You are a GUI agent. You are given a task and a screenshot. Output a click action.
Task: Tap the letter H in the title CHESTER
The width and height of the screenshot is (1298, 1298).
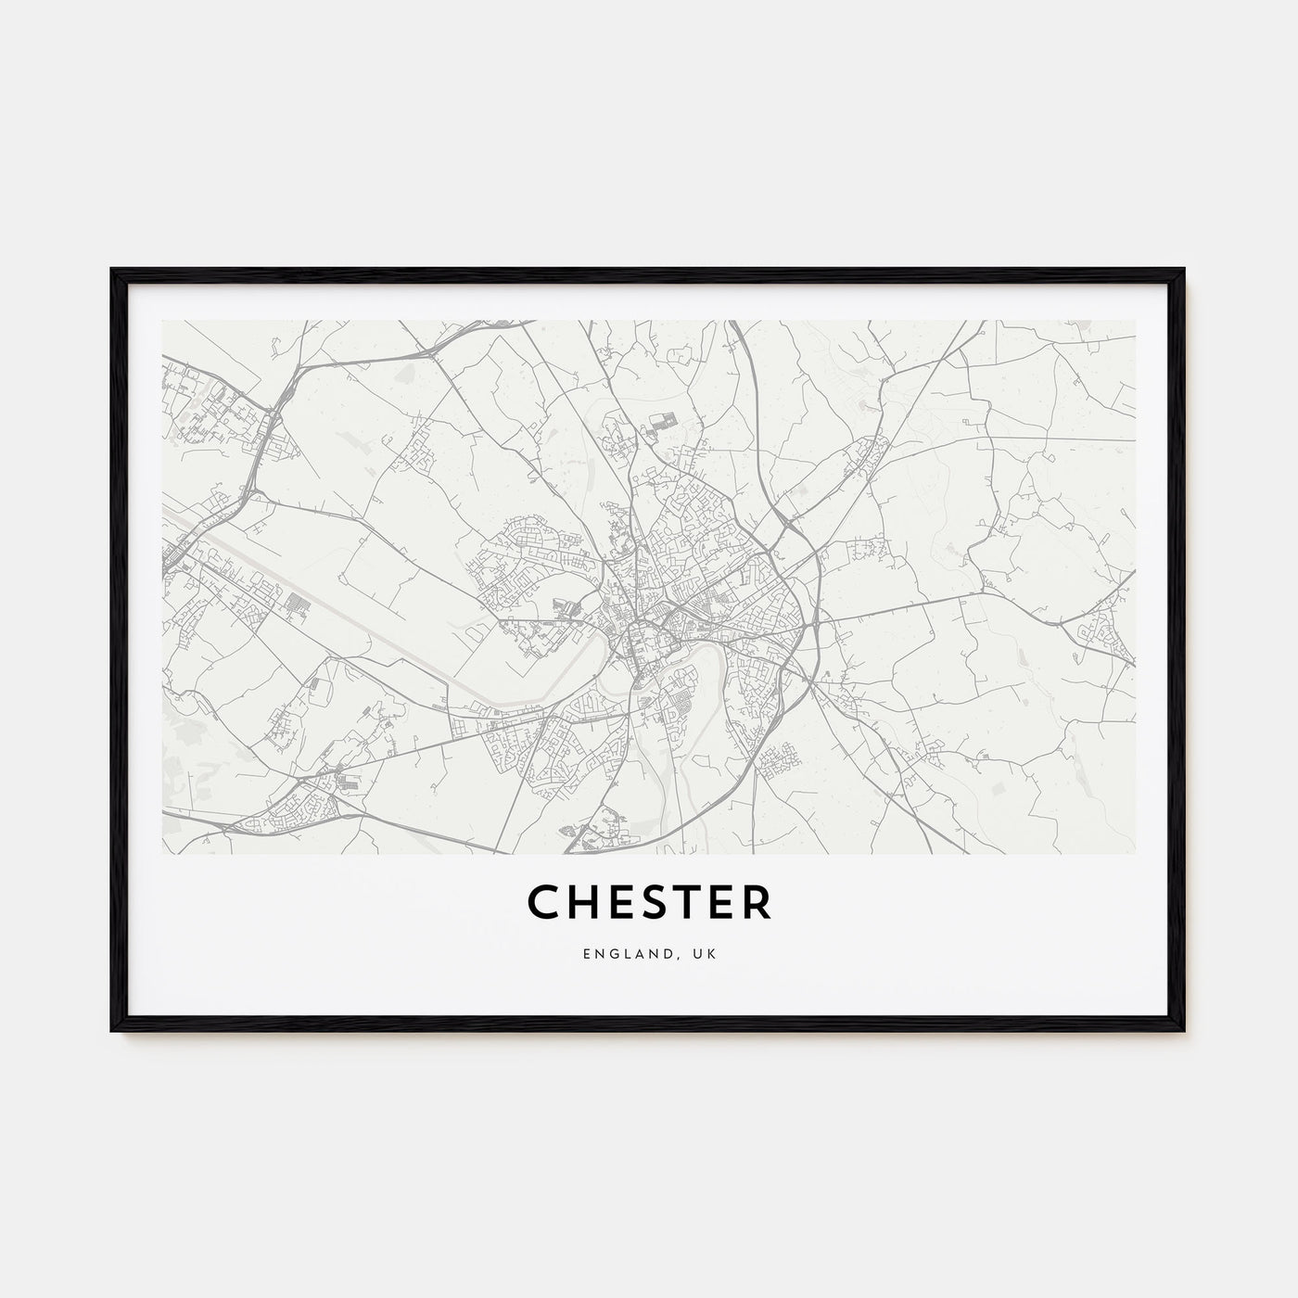[x=580, y=903]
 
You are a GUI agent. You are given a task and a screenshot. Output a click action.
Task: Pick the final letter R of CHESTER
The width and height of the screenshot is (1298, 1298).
[x=756, y=903]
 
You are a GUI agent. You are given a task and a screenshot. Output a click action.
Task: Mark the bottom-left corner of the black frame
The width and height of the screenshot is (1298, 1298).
[x=113, y=1030]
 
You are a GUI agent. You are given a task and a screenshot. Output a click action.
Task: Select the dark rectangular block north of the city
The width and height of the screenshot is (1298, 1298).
[x=663, y=421]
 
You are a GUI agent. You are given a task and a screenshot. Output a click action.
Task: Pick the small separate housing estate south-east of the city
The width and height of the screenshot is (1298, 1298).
[x=775, y=761]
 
